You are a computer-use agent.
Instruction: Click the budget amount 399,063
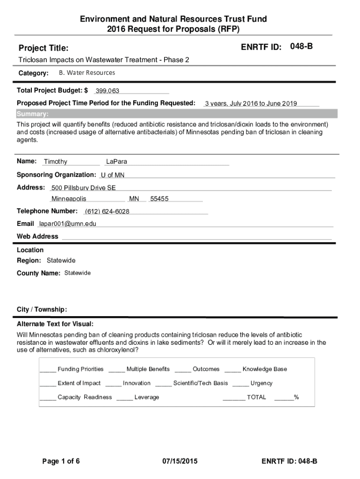(107, 91)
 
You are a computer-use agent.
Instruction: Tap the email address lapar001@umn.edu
(67, 224)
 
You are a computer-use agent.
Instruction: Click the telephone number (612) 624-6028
(107, 211)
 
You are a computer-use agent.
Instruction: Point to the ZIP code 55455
(159, 199)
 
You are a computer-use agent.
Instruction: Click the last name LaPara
(116, 162)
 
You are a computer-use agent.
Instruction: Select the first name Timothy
(55, 162)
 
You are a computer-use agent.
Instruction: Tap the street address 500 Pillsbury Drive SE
(83, 188)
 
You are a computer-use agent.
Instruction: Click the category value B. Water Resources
(86, 73)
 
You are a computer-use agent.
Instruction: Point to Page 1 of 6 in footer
(61, 462)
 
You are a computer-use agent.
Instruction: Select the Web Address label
(37, 236)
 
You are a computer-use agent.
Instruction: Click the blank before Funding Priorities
(48, 370)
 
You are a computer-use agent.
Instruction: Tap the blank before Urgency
(240, 384)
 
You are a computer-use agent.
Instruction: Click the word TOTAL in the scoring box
(256, 397)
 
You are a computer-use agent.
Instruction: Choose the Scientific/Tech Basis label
(201, 383)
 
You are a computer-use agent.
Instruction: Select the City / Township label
(42, 310)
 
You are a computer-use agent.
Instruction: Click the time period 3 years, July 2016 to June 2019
(251, 104)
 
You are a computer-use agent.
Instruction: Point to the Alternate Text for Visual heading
(55, 324)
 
